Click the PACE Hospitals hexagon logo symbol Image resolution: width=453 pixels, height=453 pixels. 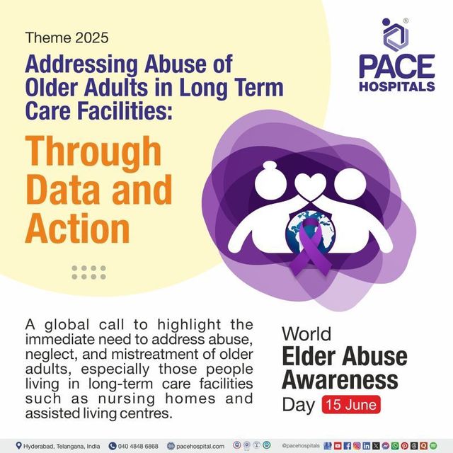tap(395, 35)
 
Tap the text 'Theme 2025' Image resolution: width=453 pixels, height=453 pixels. tap(67, 38)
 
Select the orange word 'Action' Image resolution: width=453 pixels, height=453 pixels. tap(77, 228)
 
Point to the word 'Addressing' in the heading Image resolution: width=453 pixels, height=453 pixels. tap(81, 65)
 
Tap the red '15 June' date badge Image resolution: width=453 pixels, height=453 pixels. tap(351, 404)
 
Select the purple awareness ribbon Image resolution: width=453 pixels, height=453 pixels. tap(310, 246)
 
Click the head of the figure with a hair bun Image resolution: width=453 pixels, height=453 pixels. tap(270, 180)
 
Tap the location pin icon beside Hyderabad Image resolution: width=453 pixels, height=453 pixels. tap(19, 446)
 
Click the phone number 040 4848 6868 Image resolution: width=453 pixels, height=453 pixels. tap(138, 447)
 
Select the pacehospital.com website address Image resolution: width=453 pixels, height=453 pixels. tap(200, 447)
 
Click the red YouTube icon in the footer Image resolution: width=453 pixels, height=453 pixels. tap(338, 446)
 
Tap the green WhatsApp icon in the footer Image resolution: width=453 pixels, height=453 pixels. tap(395, 446)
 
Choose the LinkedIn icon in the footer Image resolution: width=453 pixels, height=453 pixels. tap(367, 446)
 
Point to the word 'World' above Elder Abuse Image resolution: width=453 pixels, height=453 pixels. tap(306, 334)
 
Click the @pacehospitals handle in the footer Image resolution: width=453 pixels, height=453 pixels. tap(300, 446)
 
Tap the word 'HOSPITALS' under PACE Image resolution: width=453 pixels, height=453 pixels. tap(397, 86)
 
